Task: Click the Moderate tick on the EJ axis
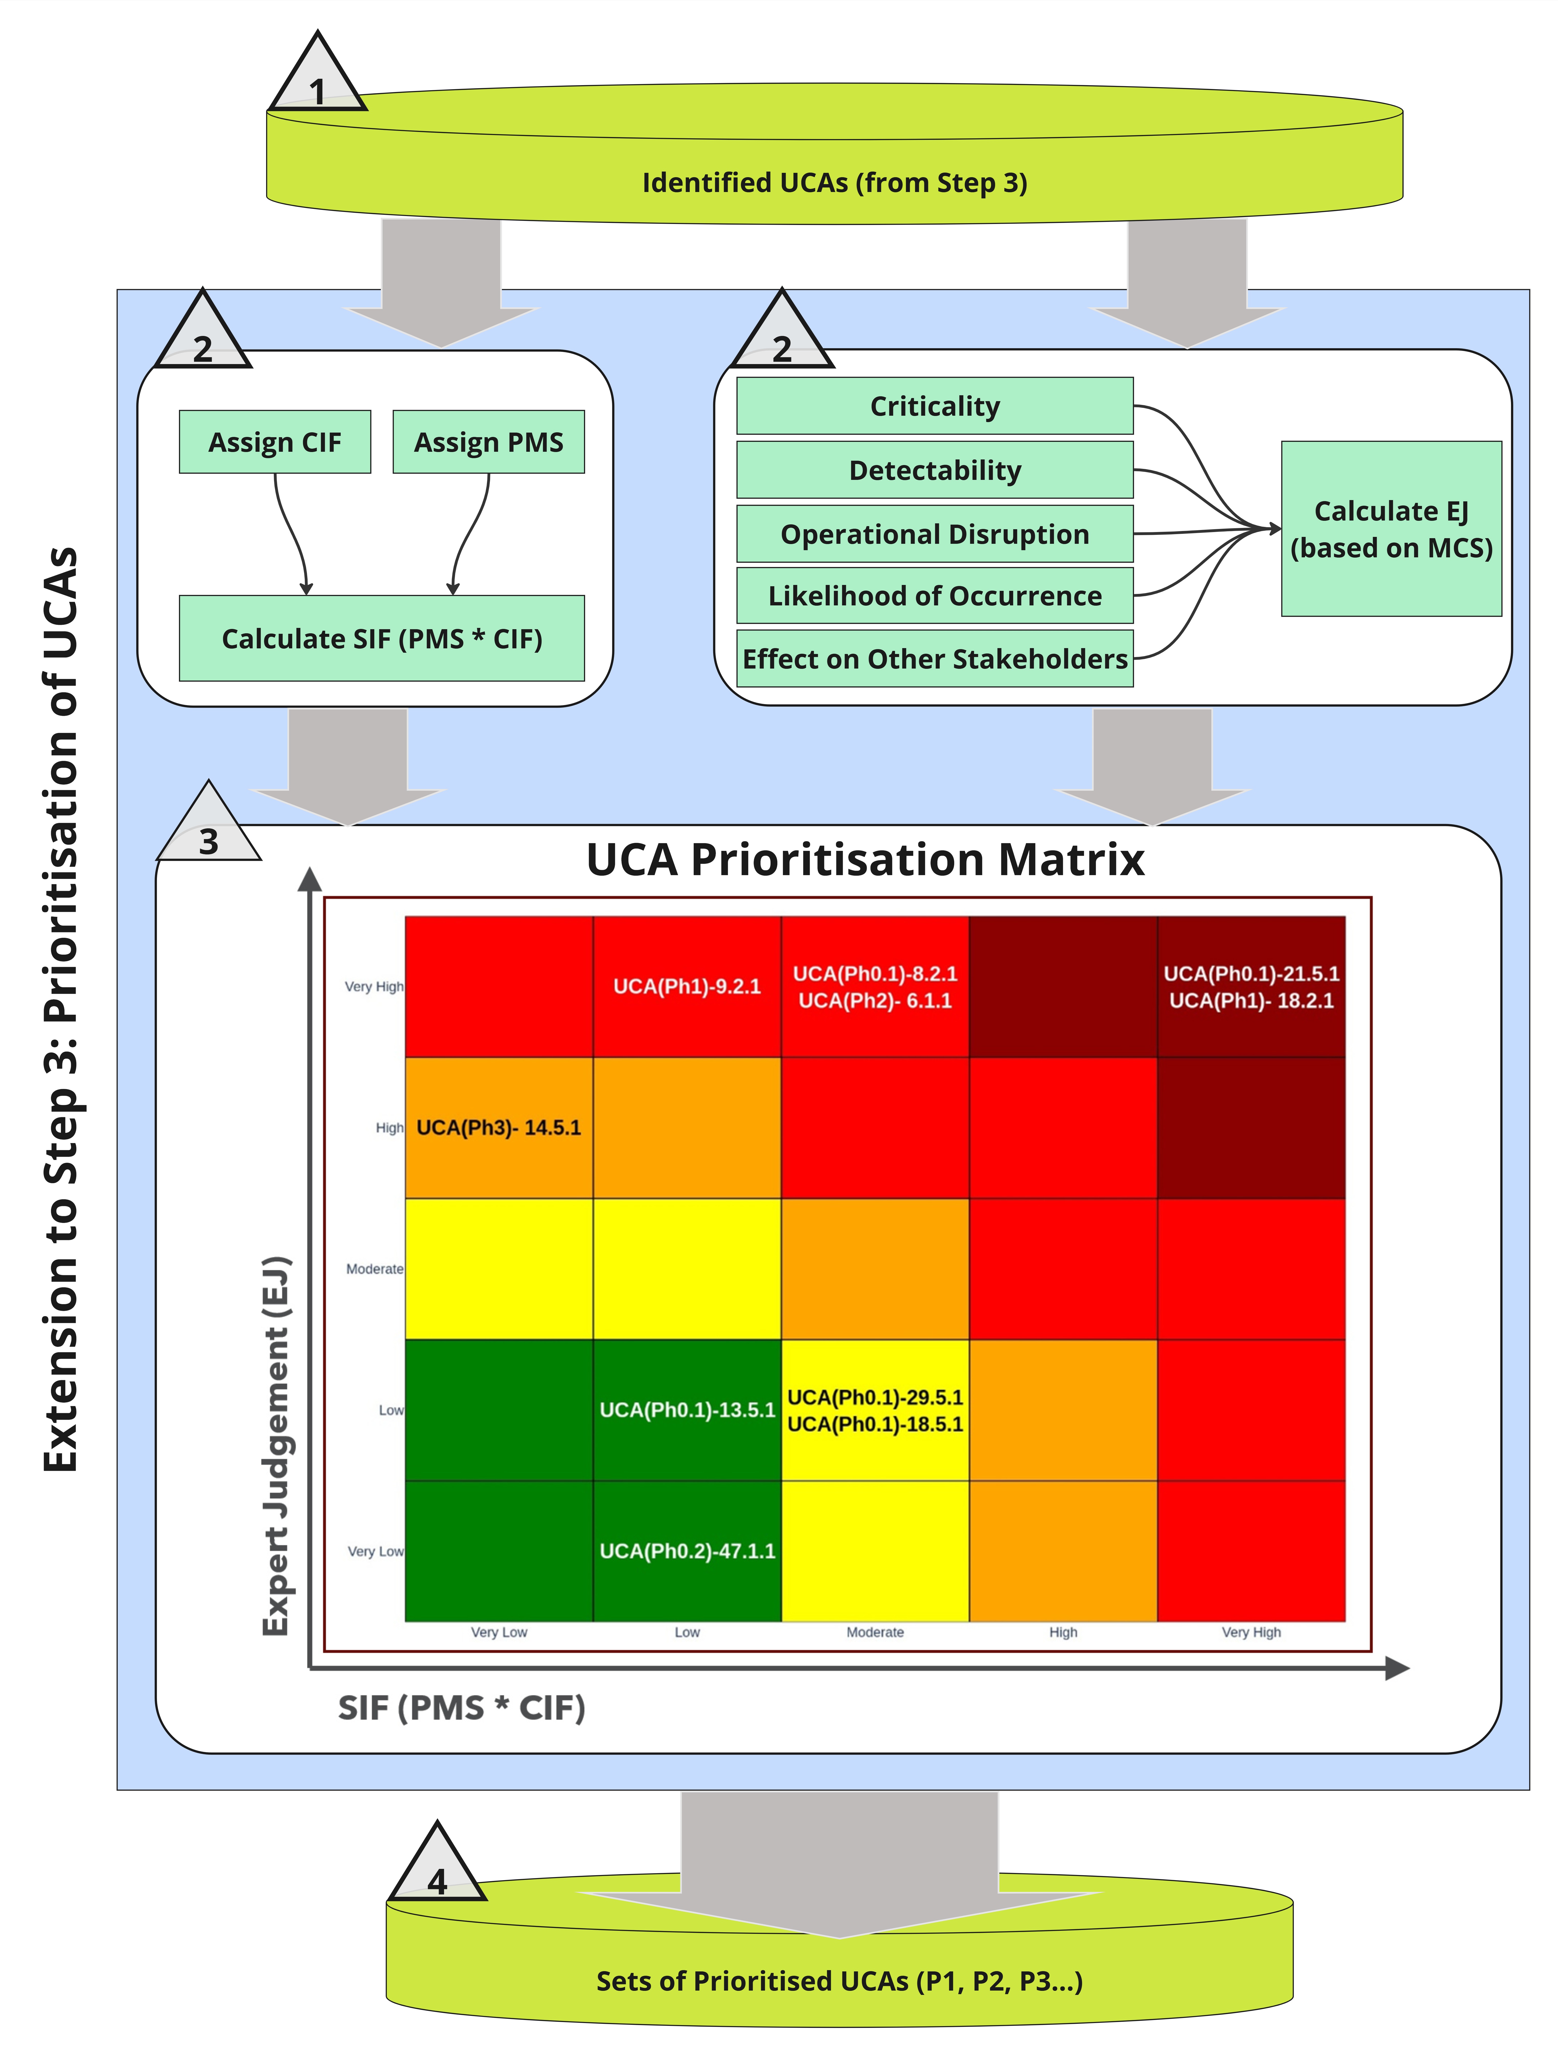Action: point(374,1269)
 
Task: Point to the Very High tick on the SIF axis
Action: point(1250,1632)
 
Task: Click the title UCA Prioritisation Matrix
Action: point(865,859)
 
